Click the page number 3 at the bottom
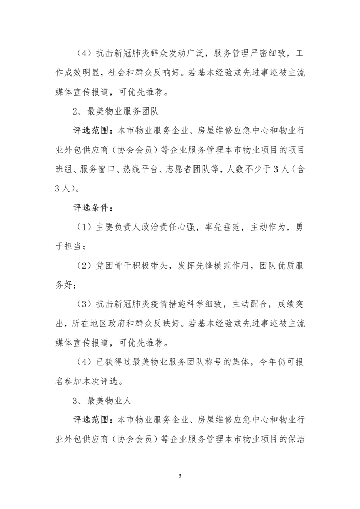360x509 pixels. click(x=180, y=476)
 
